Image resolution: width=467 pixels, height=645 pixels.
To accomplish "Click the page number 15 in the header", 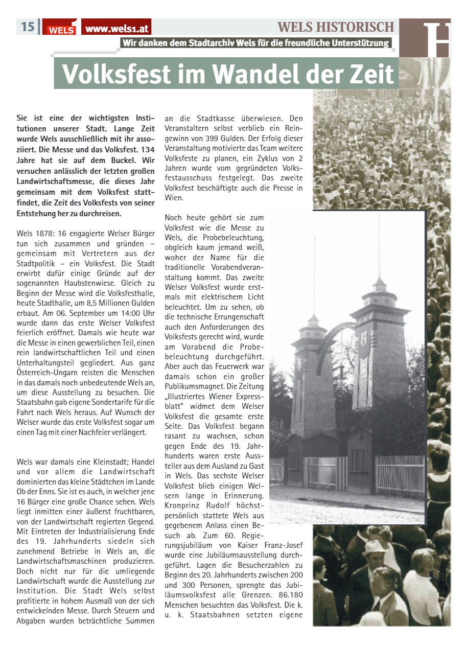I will [28, 26].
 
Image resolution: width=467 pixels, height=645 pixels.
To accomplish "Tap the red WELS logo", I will [61, 28].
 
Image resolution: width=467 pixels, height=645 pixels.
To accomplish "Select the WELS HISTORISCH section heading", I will [336, 27].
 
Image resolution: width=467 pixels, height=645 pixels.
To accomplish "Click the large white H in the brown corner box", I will [438, 38].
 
